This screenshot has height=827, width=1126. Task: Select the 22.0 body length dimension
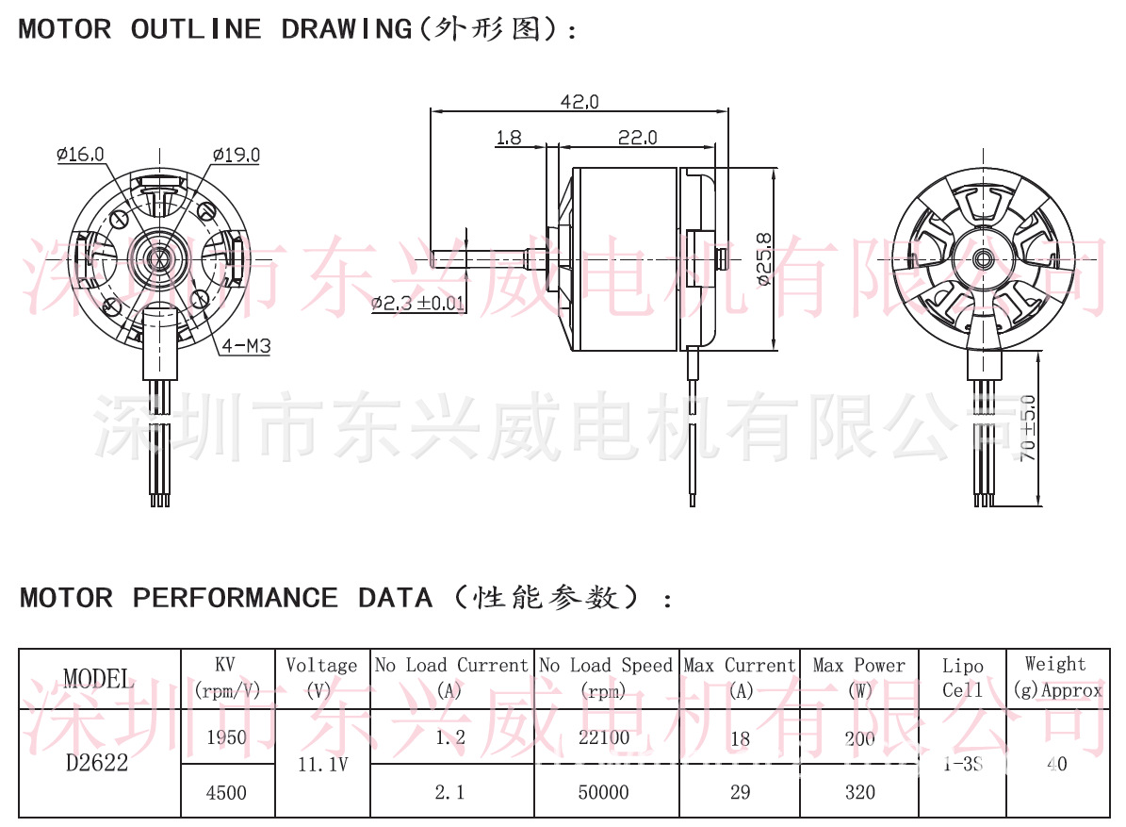tap(637, 138)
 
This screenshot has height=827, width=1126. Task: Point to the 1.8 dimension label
tap(508, 138)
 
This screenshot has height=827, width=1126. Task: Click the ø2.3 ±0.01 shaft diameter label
tap(418, 303)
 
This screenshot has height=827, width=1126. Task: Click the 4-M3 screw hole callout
tap(246, 346)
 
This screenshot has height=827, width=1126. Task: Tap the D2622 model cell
tap(97, 763)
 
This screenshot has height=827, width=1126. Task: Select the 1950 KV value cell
tap(226, 736)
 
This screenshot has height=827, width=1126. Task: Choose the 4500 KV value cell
tap(226, 792)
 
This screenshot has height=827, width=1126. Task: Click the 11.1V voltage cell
tap(322, 764)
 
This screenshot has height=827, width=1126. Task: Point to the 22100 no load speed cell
tap(604, 736)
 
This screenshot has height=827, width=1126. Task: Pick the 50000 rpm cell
tap(604, 792)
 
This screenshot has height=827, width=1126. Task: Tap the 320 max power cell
tap(859, 792)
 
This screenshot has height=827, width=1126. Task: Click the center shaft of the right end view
tap(983, 257)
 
